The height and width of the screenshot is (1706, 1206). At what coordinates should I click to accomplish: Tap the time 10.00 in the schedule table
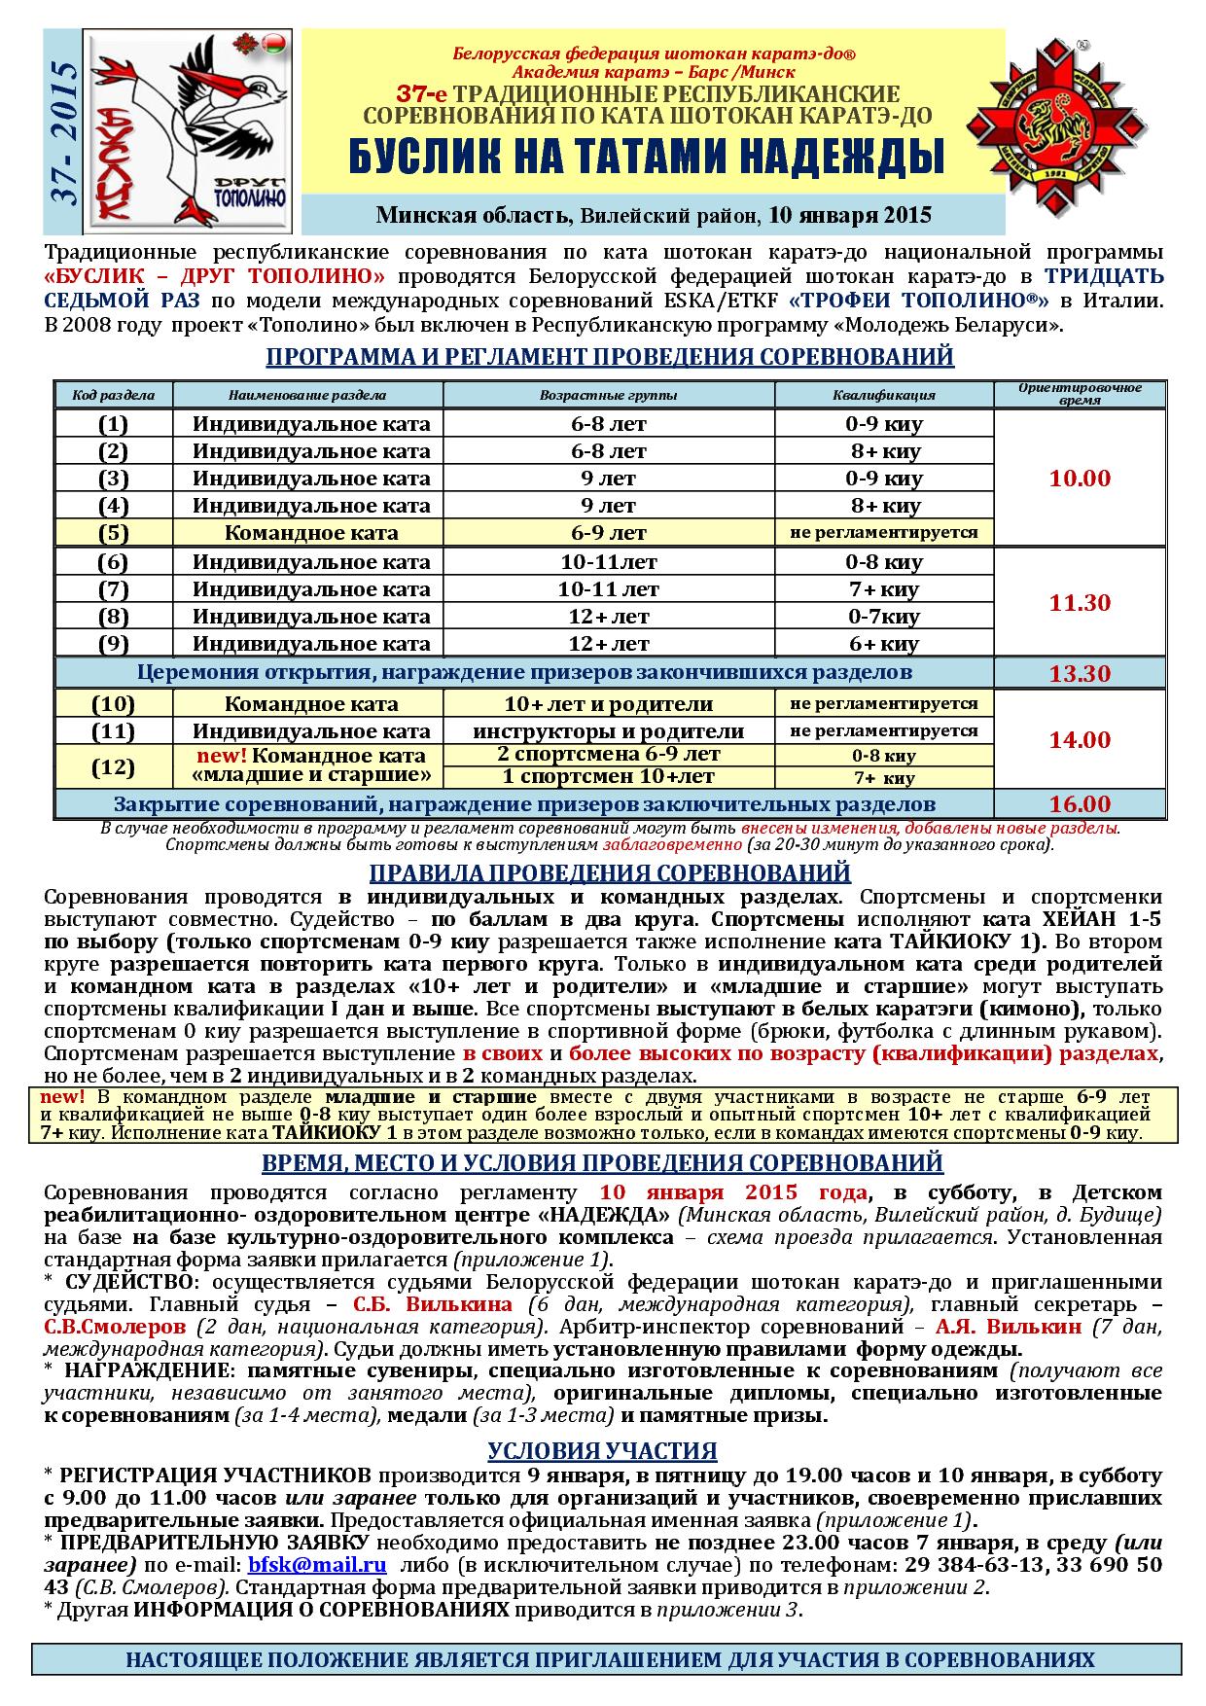(1080, 479)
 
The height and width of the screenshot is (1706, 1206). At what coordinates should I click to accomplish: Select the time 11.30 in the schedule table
(1080, 603)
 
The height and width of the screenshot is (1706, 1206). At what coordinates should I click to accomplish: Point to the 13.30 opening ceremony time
(1080, 674)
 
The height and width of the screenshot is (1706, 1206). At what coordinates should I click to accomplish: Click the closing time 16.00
(1080, 804)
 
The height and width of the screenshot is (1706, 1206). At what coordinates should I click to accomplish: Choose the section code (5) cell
(113, 533)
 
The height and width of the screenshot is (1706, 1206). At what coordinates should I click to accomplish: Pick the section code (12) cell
(113, 766)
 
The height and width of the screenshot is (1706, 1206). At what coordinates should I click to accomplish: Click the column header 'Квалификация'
(883, 395)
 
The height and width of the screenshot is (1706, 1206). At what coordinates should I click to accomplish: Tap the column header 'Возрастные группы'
(609, 395)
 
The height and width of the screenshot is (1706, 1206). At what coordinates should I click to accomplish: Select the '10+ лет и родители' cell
(609, 704)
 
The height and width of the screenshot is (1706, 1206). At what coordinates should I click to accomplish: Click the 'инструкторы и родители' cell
(609, 731)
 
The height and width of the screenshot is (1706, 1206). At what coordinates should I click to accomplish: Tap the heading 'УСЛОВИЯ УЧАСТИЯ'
(602, 1451)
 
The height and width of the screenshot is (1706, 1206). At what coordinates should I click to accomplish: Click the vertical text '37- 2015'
(64, 133)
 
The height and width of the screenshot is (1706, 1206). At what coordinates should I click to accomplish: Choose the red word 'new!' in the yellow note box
(63, 1096)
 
